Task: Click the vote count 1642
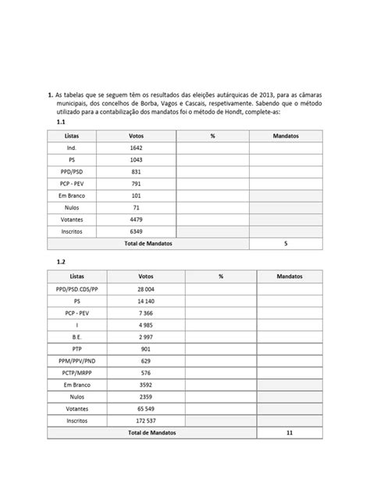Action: click(x=137, y=147)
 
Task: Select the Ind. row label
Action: click(x=72, y=147)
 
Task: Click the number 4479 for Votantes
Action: click(x=137, y=220)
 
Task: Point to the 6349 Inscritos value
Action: click(x=137, y=231)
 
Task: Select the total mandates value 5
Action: click(x=286, y=244)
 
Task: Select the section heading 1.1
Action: click(x=62, y=123)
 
